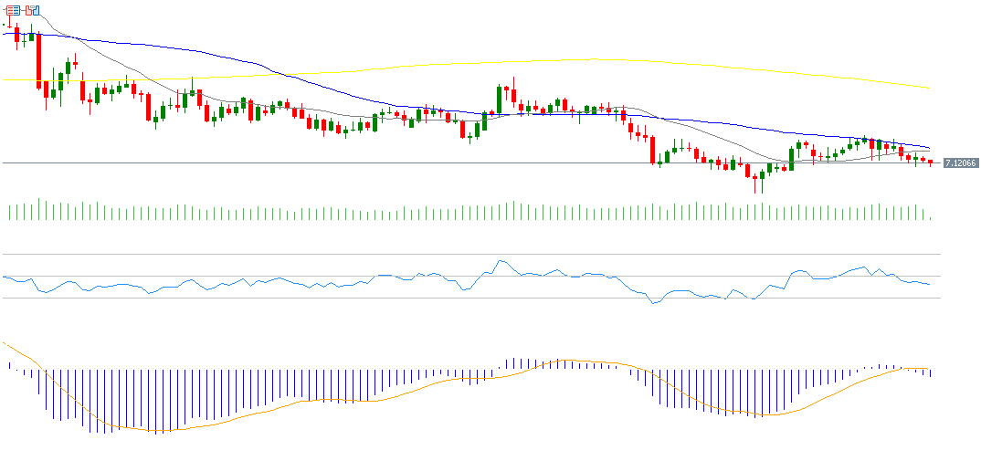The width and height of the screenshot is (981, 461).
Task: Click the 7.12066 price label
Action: [x=960, y=162]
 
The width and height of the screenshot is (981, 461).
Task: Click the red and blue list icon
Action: [x=14, y=11]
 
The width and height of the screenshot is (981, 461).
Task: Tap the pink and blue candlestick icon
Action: [x=33, y=11]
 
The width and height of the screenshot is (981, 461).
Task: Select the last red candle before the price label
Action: [x=930, y=162]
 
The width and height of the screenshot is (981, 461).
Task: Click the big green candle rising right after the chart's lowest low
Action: [x=791, y=159]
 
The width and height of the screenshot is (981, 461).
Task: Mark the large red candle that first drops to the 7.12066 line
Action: [x=653, y=150]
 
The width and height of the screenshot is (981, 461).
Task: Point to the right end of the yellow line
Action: [x=929, y=89]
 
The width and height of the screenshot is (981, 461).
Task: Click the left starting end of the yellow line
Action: [x=5, y=79]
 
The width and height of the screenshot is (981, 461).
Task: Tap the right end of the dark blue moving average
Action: [x=930, y=148]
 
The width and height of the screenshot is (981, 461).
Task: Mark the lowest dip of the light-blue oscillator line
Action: [x=653, y=303]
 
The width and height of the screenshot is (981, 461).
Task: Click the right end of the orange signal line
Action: [x=930, y=370]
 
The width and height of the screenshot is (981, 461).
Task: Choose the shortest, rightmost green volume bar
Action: [x=930, y=217]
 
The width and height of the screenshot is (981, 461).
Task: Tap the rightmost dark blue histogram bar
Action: [x=930, y=373]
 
